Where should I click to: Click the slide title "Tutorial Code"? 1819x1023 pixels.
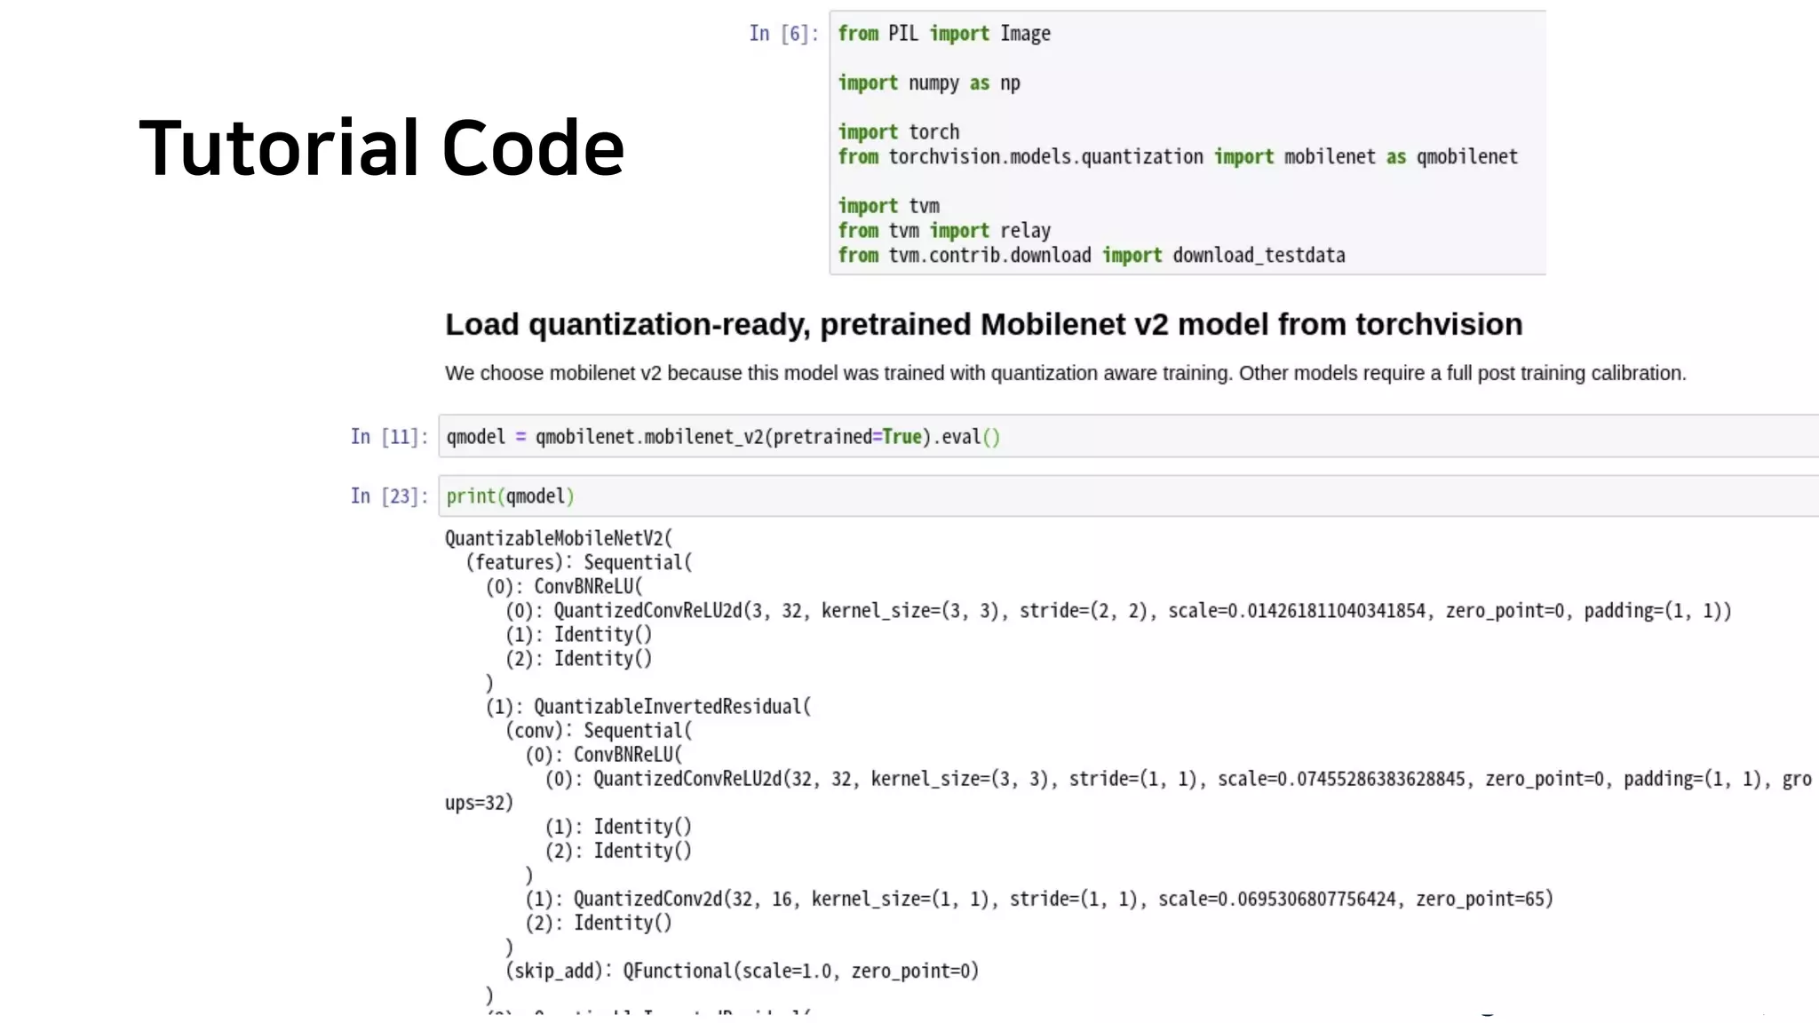[382, 147]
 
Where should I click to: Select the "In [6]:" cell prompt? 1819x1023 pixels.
[782, 34]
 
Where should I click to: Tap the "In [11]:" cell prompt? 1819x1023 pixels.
[388, 437]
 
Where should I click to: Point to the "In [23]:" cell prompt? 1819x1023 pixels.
[388, 496]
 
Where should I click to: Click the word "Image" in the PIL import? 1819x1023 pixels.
[1025, 34]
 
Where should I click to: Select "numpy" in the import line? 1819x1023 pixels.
[933, 83]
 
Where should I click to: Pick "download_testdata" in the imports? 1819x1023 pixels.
[1258, 256]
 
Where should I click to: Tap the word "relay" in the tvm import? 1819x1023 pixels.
[1025, 231]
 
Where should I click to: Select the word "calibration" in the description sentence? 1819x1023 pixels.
[1637, 374]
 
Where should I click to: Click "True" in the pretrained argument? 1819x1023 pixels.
[902, 437]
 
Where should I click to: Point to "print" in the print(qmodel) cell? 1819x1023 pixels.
[470, 496]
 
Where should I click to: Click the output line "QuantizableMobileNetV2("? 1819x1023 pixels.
[559, 538]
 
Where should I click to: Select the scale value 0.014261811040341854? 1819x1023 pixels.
[1326, 611]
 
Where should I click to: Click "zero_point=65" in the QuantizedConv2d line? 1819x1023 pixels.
[1483, 899]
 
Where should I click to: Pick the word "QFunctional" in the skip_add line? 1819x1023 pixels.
[677, 971]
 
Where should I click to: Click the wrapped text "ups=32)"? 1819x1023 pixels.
[479, 803]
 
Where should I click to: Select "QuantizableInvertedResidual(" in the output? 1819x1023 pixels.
[671, 707]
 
